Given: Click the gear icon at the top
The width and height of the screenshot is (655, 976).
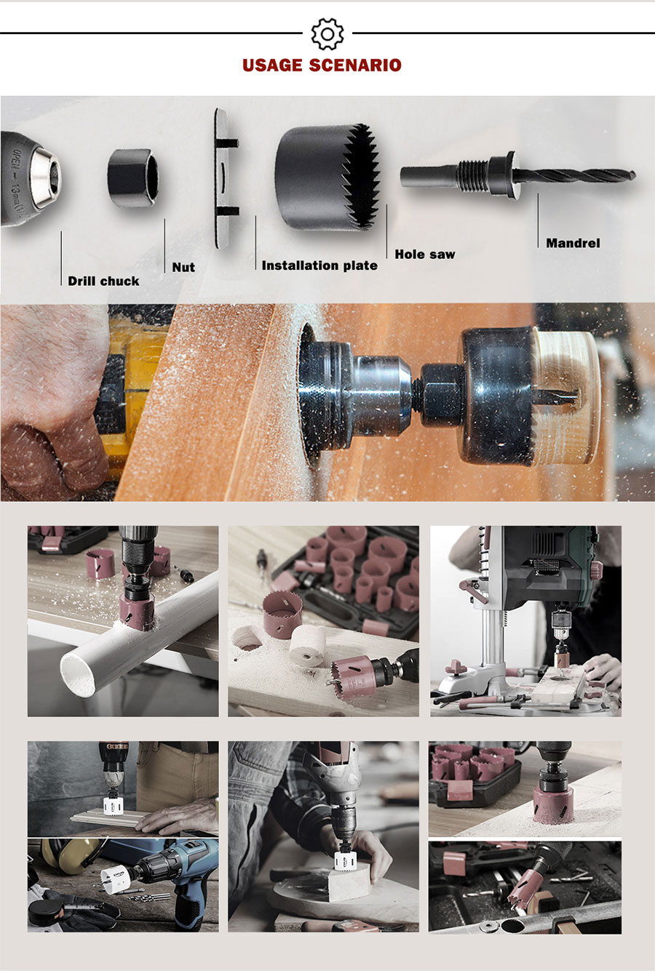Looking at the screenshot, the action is [327, 33].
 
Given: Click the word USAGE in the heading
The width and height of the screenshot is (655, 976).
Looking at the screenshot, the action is [273, 65].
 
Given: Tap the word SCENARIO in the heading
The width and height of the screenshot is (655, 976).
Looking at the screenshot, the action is [355, 65].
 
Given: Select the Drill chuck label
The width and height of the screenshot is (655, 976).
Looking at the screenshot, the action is [103, 281].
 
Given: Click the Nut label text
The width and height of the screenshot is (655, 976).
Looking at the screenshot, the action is [183, 267].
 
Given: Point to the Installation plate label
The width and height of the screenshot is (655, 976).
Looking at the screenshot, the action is [319, 265].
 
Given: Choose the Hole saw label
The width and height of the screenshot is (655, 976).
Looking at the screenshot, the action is [425, 254].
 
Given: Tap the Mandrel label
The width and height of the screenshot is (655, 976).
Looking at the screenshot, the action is [573, 243].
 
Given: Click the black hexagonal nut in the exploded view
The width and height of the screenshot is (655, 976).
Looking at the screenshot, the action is [133, 177].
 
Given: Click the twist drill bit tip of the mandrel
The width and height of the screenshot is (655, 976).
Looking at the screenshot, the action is [632, 175].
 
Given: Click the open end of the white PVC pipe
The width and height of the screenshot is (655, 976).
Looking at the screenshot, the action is [79, 673].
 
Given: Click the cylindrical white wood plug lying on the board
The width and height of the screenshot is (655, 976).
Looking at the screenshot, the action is [307, 646].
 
